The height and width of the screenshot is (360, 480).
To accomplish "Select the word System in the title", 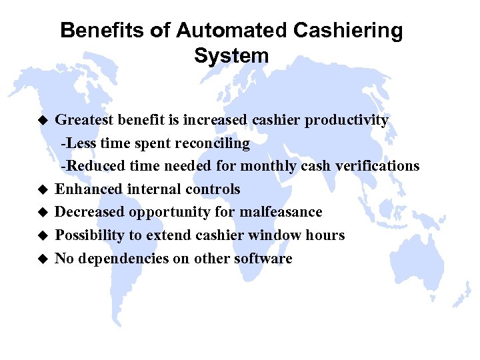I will coord(231,55).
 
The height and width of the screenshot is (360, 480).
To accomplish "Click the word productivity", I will coord(347,120).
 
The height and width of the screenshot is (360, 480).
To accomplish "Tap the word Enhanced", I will coord(84,189).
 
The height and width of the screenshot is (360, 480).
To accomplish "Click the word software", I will coord(263,259).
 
